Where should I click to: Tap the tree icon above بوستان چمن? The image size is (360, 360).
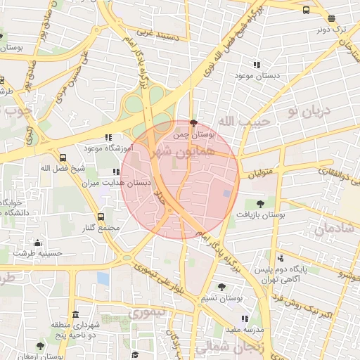click(194, 122)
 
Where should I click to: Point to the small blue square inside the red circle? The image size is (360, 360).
click(226, 193)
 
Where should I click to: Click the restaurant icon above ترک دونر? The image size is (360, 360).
click(332, 19)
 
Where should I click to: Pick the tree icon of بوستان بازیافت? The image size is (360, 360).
click(260, 203)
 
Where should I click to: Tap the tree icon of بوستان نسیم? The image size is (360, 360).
click(222, 286)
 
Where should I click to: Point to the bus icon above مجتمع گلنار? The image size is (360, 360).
click(101, 217)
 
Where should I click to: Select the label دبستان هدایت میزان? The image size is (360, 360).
click(127, 182)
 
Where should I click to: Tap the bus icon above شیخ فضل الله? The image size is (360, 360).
click(63, 158)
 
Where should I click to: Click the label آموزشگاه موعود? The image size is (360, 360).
click(104, 148)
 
